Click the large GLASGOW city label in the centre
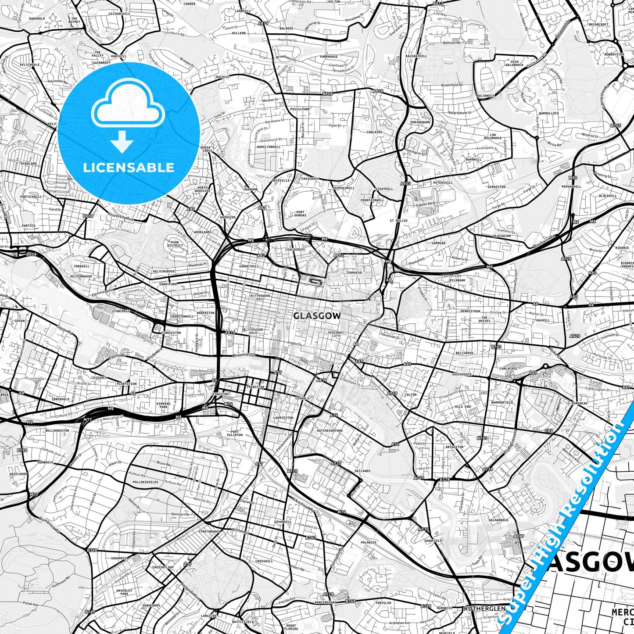pyautogui.click(x=317, y=315)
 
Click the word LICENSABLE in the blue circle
pyautogui.click(x=128, y=168)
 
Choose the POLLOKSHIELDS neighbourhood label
pyautogui.click(x=139, y=482)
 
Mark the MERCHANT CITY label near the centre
pyautogui.click(x=336, y=335)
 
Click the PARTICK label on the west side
pyautogui.click(x=29, y=226)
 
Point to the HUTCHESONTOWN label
pyautogui.click(x=330, y=431)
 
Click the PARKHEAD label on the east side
pyautogui.click(x=579, y=404)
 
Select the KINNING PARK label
pyautogui.click(x=163, y=405)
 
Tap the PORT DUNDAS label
pyautogui.click(x=301, y=214)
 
